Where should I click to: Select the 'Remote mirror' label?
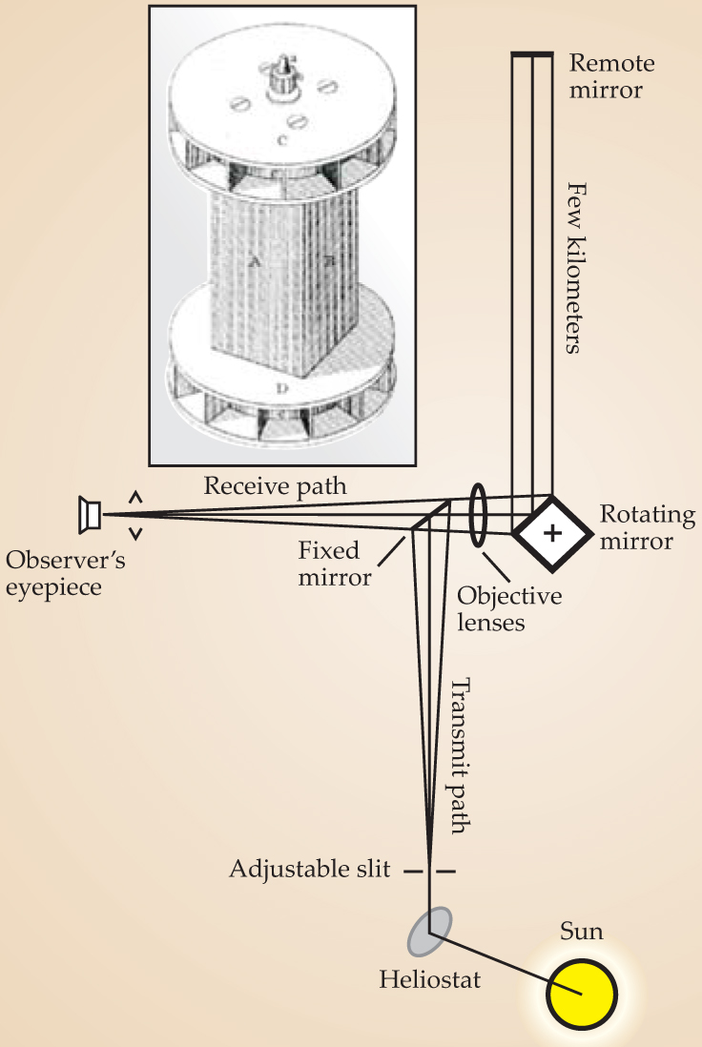tap(611, 77)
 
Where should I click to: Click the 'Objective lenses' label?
tap(509, 609)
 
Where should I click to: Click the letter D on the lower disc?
tap(283, 389)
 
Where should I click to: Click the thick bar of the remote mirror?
tap(532, 55)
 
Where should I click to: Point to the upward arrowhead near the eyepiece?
tap(135, 496)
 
